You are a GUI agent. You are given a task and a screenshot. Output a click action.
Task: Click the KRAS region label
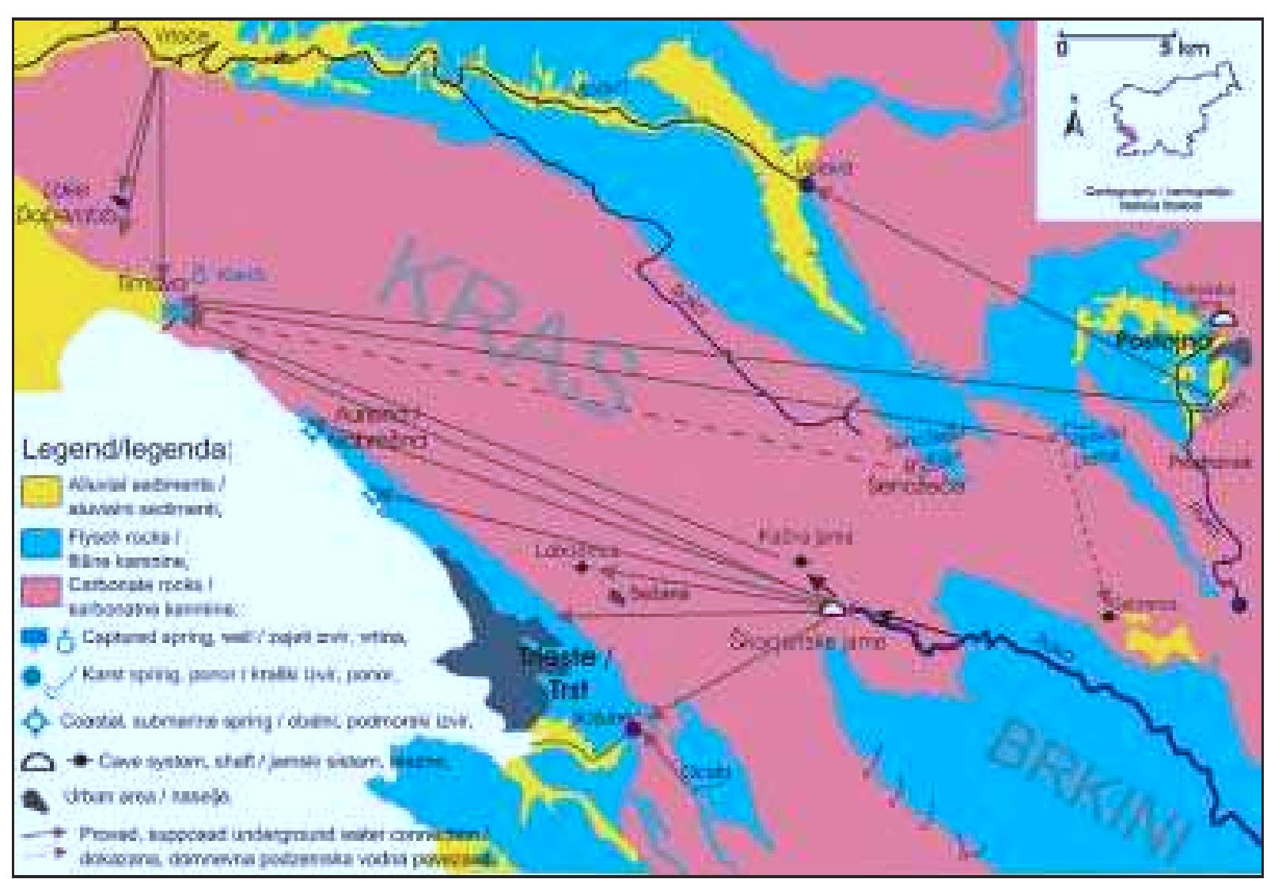(506, 333)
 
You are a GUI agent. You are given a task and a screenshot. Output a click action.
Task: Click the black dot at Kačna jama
(800, 561)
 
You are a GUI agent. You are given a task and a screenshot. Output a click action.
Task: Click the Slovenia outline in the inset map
(1171, 111)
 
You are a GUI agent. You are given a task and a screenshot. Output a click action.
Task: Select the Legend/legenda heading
(127, 451)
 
